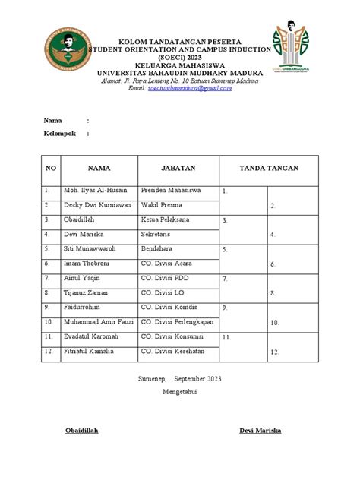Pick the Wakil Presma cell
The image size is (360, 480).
click(x=163, y=205)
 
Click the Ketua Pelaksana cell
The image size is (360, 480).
click(x=166, y=219)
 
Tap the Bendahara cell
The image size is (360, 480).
click(x=158, y=248)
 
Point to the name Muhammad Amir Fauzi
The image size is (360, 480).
click(x=99, y=321)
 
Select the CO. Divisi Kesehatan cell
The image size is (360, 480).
click(x=175, y=350)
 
